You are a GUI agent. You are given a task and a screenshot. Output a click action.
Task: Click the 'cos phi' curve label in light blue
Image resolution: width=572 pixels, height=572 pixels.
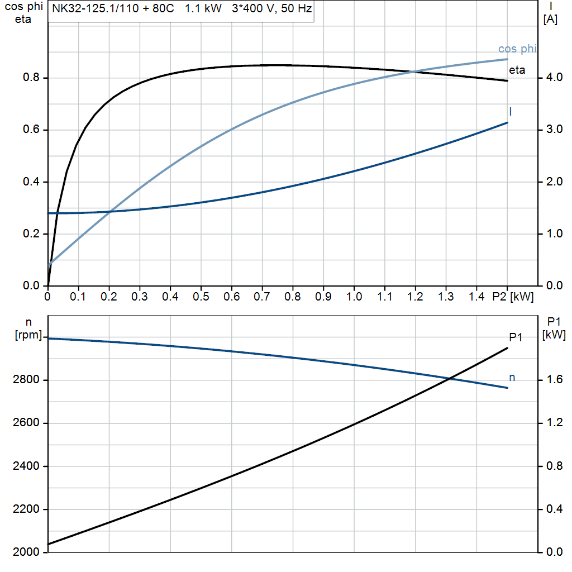pyautogui.click(x=517, y=49)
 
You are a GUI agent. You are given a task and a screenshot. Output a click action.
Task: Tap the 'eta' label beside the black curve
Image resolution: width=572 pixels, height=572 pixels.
pyautogui.click(x=517, y=70)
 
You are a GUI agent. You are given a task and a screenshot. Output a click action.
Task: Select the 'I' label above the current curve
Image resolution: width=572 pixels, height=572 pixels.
pyautogui.click(x=511, y=112)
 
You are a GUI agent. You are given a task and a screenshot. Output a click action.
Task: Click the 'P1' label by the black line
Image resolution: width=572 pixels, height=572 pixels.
pyautogui.click(x=516, y=337)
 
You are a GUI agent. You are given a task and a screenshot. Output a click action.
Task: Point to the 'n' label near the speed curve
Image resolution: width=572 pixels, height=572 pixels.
pyautogui.click(x=512, y=378)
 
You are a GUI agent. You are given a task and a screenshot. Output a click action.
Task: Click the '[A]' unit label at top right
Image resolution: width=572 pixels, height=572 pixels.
pyautogui.click(x=550, y=20)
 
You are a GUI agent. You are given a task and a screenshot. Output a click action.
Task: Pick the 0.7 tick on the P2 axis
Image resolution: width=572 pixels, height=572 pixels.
pyautogui.click(x=262, y=297)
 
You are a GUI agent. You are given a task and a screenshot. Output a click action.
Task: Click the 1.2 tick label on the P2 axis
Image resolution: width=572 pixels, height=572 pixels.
pyautogui.click(x=415, y=297)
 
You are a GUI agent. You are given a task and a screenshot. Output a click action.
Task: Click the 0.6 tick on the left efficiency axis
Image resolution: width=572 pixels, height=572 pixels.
pyautogui.click(x=31, y=130)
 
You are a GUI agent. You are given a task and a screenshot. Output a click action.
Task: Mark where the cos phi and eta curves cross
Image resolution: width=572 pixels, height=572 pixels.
pyautogui.click(x=413, y=71)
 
